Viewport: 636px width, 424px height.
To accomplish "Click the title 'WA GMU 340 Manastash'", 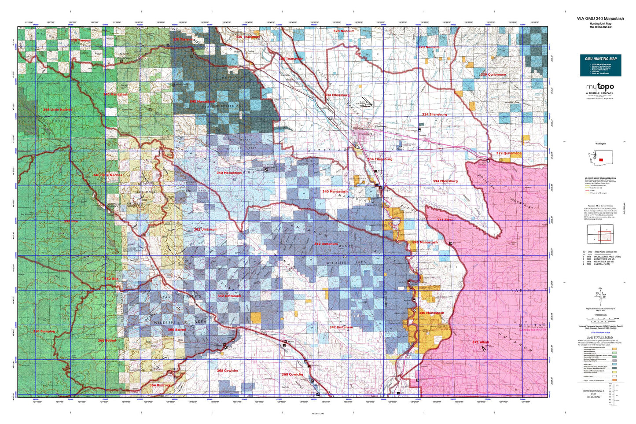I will click(600, 18).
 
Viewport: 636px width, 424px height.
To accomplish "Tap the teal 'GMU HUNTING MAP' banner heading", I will click(600, 59).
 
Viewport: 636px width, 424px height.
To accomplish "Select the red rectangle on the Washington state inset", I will click(601, 159).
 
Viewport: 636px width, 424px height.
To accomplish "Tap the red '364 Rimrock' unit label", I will click(160, 385).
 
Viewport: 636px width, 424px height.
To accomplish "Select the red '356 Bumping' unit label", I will click(44, 331).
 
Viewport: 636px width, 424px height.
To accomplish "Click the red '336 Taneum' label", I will click(81, 41).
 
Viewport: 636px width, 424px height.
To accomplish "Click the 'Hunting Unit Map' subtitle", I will click(600, 23).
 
